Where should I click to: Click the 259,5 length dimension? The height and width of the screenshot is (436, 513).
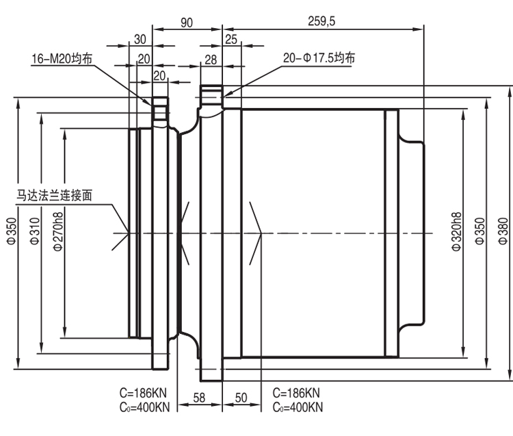321,22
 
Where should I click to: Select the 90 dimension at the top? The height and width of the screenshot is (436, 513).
187,23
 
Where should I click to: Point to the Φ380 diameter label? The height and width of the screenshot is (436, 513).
503,231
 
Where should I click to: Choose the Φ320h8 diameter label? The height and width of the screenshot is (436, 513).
456,231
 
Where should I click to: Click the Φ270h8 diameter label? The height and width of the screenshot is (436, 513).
58,231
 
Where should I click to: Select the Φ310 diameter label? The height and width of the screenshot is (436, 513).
35,231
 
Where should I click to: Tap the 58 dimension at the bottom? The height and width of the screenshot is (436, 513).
199,398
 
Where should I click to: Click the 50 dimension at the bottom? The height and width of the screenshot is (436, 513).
241,398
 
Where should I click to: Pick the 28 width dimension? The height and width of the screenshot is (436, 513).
211,60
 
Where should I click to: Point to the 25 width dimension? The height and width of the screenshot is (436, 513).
231,40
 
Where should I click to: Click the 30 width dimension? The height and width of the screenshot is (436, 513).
140,40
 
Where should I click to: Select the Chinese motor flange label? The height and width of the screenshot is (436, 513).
54,196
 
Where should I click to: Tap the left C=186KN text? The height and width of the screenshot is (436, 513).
143,392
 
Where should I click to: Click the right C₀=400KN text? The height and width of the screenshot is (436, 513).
298,407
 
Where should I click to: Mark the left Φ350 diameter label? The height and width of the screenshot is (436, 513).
12,231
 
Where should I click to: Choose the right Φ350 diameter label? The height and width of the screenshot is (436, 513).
479,231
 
